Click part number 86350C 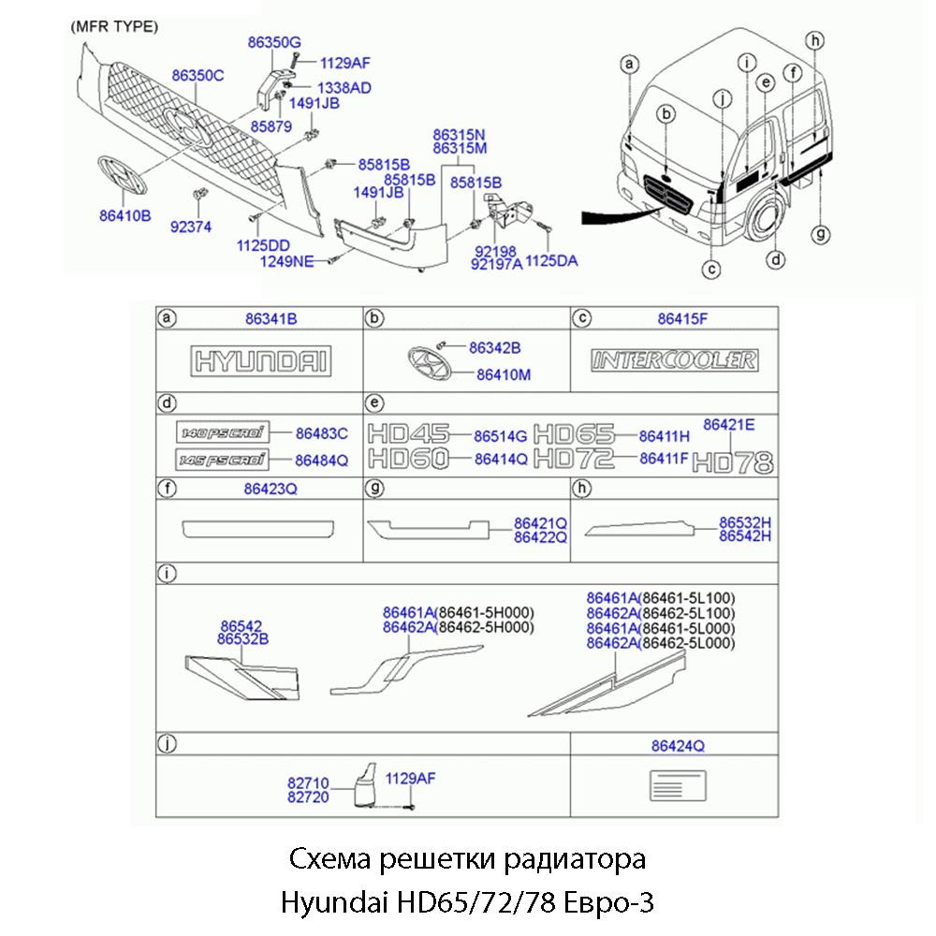197,76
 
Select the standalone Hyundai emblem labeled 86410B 124,176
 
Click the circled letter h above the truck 816,39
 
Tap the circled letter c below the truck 712,270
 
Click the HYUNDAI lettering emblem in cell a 260,361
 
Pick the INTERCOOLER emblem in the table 674,360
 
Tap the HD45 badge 407,434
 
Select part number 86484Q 321,460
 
